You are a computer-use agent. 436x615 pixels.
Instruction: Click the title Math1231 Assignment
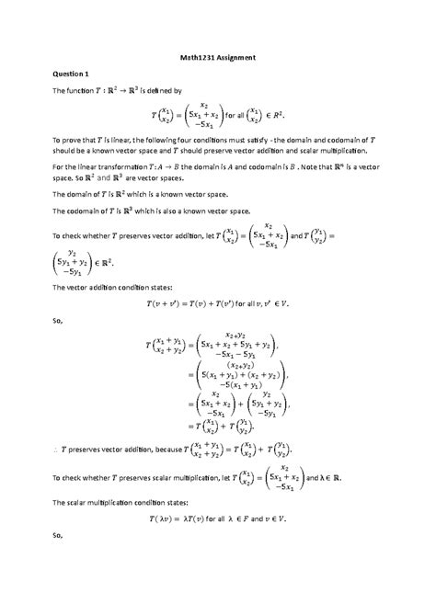coord(217,58)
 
